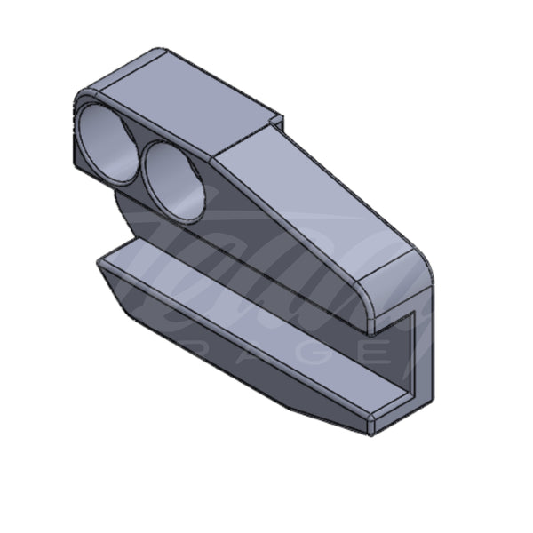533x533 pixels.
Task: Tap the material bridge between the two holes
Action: (x=139, y=160)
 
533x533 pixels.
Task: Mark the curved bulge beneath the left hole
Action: (x=124, y=213)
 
